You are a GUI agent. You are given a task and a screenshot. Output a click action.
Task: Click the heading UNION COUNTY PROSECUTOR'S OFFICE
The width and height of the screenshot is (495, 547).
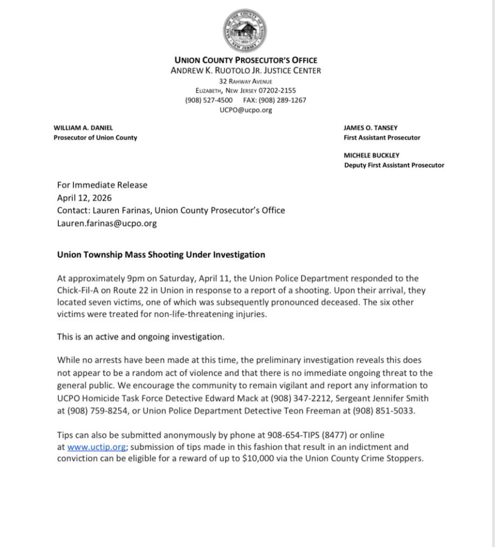[246, 61]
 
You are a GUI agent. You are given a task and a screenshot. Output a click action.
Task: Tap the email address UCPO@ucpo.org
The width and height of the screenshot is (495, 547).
[246, 110]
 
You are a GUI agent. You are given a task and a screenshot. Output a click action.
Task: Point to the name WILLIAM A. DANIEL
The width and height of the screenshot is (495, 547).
[83, 128]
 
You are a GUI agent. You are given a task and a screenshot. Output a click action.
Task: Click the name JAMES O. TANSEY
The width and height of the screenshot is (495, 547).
[371, 128]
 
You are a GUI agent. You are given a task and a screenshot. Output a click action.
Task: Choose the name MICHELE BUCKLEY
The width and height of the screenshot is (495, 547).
[372, 155]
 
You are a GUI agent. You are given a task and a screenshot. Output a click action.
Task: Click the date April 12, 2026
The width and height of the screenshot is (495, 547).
[84, 198]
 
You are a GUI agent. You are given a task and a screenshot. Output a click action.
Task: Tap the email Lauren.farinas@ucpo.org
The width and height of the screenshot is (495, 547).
[107, 223]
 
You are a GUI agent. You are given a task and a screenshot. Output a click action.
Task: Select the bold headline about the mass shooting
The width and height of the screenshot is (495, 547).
[161, 254]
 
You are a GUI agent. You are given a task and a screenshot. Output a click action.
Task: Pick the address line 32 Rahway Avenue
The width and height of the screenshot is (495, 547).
[246, 81]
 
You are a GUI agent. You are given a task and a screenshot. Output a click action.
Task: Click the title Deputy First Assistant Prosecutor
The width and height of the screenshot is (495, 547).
[394, 165]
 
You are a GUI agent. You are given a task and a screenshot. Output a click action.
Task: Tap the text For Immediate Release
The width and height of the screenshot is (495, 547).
[102, 185]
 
